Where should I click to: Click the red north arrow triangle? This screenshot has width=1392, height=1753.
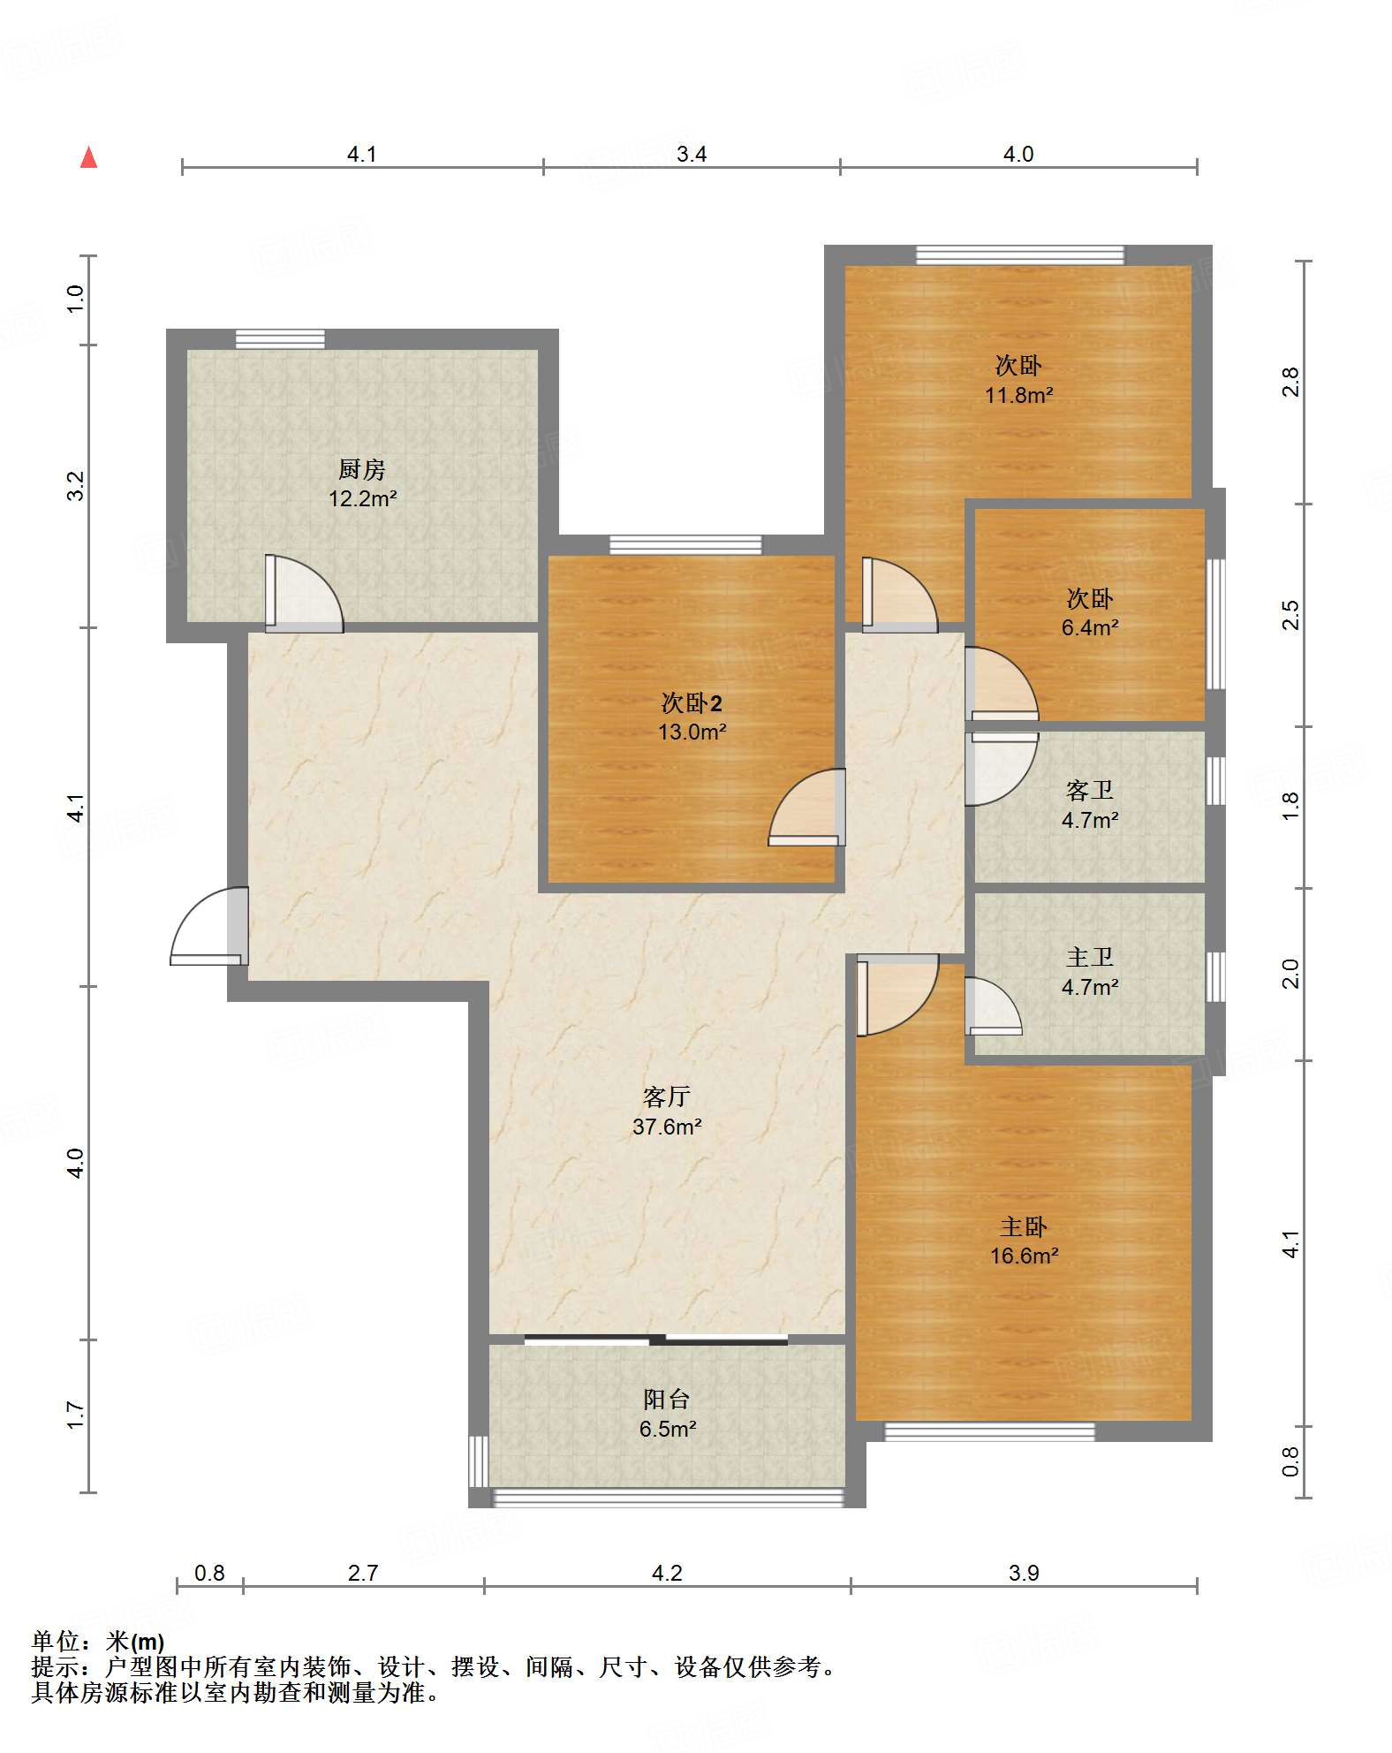pos(88,157)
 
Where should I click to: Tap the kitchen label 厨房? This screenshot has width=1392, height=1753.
pos(362,469)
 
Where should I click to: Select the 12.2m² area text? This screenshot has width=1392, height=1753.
pos(362,498)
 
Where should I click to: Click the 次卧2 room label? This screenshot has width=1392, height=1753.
pos(692,703)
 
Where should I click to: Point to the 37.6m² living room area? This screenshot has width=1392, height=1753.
pos(667,1127)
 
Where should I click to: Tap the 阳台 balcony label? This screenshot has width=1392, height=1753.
pos(667,1399)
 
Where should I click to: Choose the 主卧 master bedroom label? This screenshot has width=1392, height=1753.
pos(1024,1226)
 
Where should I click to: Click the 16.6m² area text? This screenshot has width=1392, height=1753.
pos(1024,1256)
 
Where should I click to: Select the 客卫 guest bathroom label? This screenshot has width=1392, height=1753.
pos(1090,791)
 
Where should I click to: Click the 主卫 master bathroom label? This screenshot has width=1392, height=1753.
pos(1090,958)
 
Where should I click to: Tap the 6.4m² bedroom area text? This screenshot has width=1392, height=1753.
pos(1090,627)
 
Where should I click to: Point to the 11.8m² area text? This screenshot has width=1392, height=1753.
pos(1018,395)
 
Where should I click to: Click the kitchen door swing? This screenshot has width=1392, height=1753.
pos(304,593)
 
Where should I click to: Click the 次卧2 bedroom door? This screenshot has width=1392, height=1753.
pos(806,808)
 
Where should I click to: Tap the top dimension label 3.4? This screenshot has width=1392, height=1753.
pos(692,155)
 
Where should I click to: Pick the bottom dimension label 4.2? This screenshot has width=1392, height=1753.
pos(667,1573)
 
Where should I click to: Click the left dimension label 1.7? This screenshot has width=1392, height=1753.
pos(76,1415)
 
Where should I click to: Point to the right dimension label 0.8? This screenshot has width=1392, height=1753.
pos(1290,1461)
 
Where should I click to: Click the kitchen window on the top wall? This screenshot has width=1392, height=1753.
pos(280,339)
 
